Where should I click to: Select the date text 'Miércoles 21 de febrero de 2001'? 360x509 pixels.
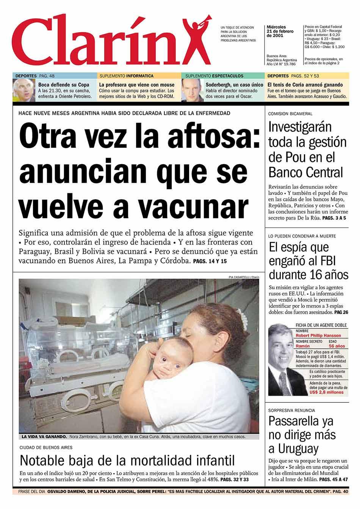click(280, 31)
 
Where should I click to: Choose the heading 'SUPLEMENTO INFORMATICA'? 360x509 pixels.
click(127, 76)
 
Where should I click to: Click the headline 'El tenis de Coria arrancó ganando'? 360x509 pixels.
click(305, 85)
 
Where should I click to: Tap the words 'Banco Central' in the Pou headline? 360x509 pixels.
click(305, 172)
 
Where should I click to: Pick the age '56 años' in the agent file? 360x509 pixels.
click(337, 346)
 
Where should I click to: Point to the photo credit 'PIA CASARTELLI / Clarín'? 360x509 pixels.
click(244, 277)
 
